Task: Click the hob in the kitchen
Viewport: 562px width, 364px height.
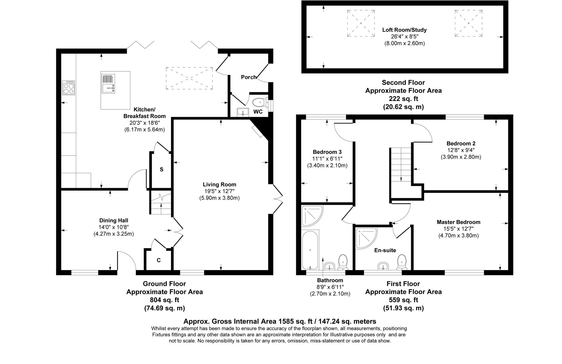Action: [69, 88]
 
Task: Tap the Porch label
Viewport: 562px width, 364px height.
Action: [249, 77]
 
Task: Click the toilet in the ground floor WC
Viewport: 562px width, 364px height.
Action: [259, 103]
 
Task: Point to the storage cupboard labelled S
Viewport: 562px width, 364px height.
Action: [161, 170]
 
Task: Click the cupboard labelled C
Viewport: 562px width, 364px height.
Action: [159, 260]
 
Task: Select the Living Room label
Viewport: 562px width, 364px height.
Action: [219, 185]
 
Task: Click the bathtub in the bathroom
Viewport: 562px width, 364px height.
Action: [310, 250]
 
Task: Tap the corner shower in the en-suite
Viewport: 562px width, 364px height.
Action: [365, 238]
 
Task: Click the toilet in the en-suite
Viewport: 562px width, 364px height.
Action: [401, 261]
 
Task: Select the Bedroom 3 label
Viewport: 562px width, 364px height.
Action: [327, 152]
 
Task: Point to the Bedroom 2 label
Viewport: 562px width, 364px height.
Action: [461, 143]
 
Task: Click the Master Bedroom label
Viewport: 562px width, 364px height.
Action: [458, 222]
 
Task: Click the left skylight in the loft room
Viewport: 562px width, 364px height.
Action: [361, 23]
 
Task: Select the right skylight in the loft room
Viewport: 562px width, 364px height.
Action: [468, 23]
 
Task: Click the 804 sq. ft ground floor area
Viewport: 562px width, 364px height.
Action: [164, 300]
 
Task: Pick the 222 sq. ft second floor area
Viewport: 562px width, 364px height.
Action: [403, 99]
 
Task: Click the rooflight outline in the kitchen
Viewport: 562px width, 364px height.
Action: [189, 78]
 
